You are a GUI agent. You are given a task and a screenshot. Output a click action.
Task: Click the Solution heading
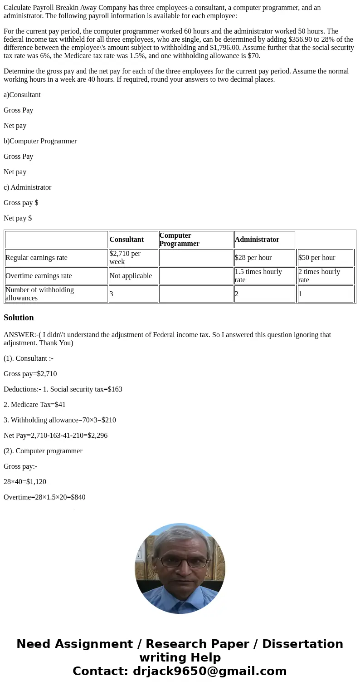click(19, 318)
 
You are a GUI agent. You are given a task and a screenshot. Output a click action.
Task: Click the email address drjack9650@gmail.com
click(209, 671)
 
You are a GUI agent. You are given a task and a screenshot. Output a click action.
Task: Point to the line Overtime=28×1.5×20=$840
click(44, 497)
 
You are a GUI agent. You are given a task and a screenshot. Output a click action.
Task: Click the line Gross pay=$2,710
click(30, 374)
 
